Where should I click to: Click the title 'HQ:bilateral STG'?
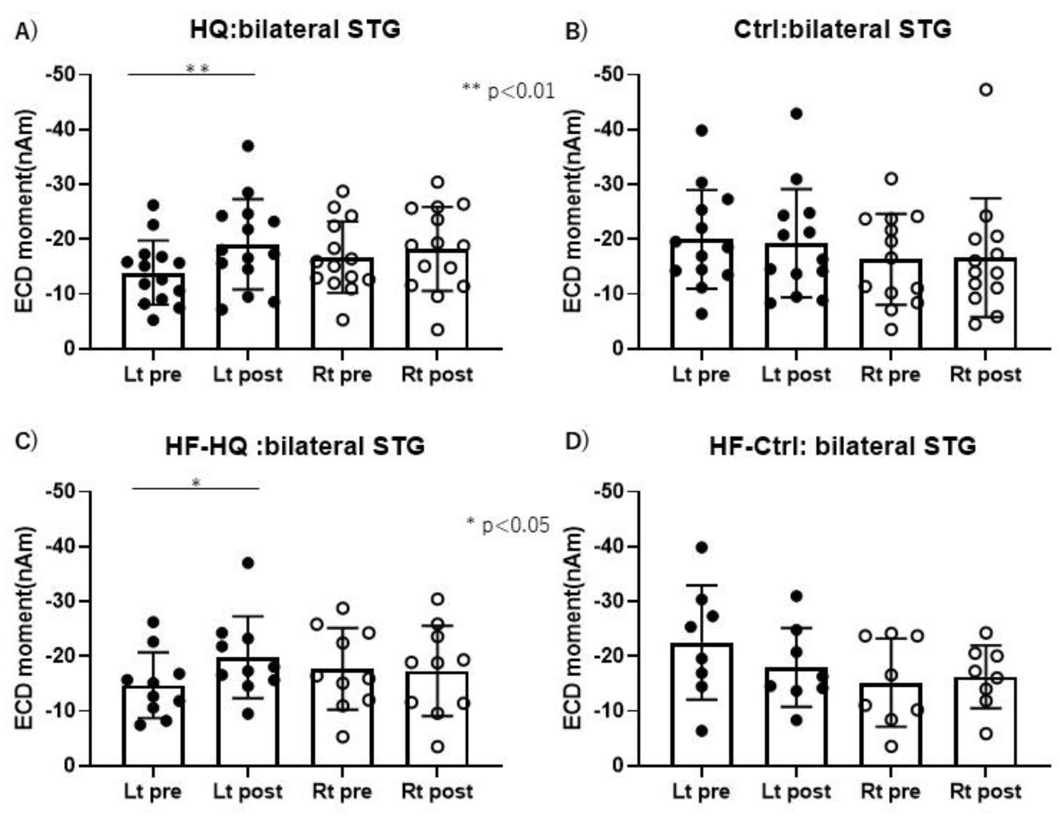point(295,29)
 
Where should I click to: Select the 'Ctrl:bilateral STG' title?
point(842,29)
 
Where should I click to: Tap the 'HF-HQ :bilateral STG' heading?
point(295,446)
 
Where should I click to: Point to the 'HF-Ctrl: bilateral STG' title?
point(843,446)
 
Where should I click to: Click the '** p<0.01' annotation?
point(508,91)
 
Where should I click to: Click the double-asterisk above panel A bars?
point(198,69)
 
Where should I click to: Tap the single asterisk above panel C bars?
point(196,483)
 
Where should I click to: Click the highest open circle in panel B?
point(986,90)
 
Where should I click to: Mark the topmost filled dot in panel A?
point(248,146)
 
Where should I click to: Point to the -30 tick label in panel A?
point(61,184)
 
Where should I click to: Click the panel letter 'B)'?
point(577,31)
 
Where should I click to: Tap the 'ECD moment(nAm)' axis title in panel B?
point(573,211)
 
